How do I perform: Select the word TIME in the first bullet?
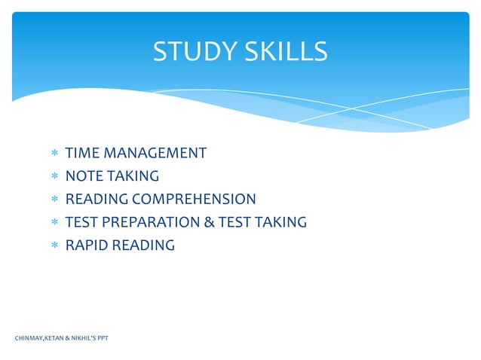[82, 154]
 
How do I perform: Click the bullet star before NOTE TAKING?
[54, 177]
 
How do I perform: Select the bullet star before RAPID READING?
[54, 246]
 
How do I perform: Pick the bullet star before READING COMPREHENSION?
[54, 200]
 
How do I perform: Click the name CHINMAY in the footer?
[29, 338]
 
